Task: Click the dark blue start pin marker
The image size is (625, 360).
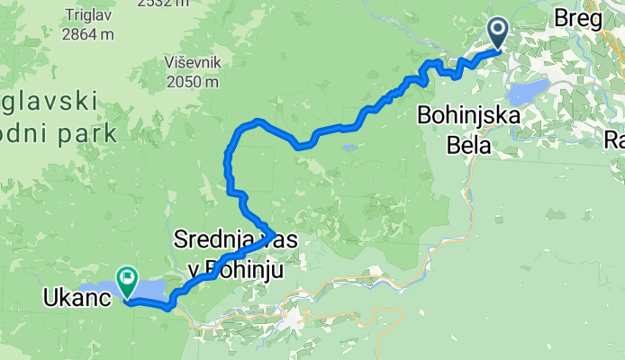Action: [497, 33]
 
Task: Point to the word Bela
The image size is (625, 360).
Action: [468, 144]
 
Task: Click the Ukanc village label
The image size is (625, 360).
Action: [71, 296]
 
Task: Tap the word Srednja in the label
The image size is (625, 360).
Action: [208, 241]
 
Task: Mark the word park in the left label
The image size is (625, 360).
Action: [86, 134]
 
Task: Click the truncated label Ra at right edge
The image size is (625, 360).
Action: [614, 141]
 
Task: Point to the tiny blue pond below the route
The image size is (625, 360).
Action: [349, 148]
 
